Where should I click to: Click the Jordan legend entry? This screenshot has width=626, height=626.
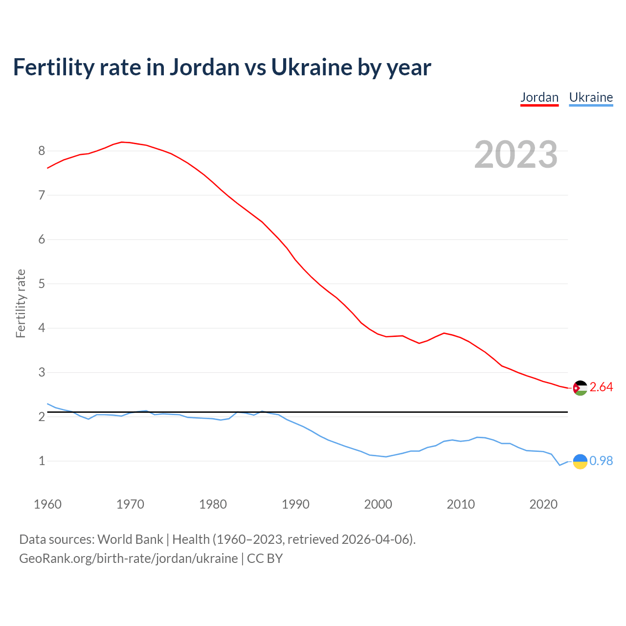coord(539,97)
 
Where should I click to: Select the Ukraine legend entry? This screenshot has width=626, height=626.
coord(591,97)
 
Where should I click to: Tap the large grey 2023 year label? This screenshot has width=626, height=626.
coord(516,155)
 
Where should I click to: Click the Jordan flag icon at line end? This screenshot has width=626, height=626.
coord(580,388)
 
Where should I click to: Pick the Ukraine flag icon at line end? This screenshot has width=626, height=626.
coord(580,461)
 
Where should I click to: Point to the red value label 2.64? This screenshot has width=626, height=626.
coord(601,387)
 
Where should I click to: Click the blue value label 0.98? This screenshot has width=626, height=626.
coord(601,461)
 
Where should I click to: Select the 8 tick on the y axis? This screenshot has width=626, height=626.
coord(42,151)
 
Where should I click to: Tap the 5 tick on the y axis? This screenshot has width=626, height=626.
coord(42,284)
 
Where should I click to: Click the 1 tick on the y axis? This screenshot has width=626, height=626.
coord(42,461)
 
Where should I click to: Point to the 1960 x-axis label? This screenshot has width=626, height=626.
coord(47,504)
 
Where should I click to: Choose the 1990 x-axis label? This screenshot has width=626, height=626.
coord(295,504)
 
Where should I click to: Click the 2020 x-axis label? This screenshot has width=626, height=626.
coord(543,504)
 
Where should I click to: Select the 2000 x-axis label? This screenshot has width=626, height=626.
coord(378,504)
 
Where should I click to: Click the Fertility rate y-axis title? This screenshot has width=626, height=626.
coord(21,303)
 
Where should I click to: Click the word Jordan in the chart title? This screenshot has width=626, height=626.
coord(204,67)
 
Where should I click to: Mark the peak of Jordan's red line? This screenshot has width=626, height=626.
coord(122,142)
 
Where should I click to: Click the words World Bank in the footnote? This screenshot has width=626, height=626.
coord(130,539)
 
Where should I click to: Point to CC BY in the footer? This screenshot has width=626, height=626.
coord(265,559)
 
